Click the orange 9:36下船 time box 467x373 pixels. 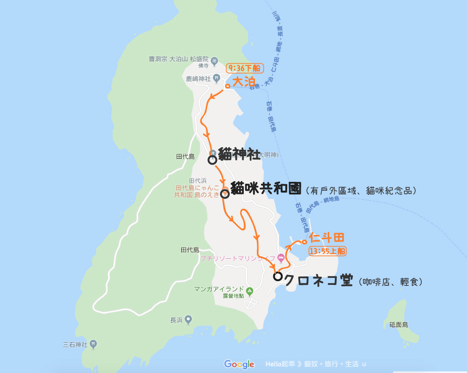(x=245, y=68)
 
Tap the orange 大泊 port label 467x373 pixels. (x=244, y=82)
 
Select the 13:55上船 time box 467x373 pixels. (x=327, y=251)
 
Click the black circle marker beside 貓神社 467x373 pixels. (x=212, y=160)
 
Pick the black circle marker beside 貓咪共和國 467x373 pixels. (x=225, y=194)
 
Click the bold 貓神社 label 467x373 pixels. (x=239, y=155)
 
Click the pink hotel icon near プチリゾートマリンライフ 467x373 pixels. (x=281, y=257)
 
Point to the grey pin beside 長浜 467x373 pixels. (x=188, y=320)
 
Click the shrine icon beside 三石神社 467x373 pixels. (x=93, y=345)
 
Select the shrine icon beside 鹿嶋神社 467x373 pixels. (x=217, y=78)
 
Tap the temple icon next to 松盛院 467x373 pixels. (x=214, y=60)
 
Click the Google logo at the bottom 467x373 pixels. (x=239, y=364)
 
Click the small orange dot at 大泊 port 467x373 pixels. (x=227, y=86)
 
